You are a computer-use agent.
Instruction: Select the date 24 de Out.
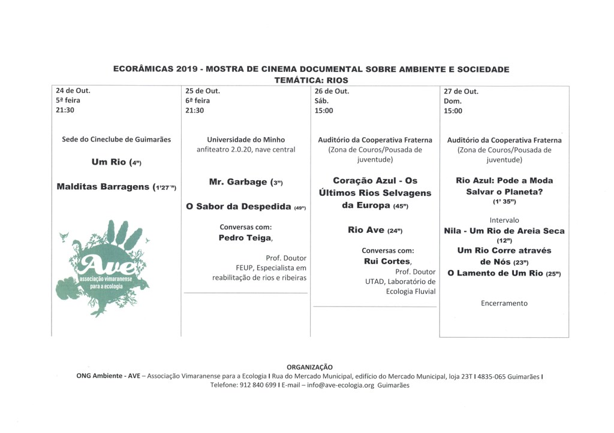click(73, 91)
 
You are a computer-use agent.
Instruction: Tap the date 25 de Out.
click(203, 91)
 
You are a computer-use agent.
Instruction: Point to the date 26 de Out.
click(332, 91)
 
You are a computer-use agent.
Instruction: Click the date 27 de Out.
click(461, 91)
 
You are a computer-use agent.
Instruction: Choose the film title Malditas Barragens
click(103, 186)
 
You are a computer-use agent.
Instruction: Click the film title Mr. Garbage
click(238, 181)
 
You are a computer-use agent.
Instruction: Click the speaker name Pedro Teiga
click(245, 238)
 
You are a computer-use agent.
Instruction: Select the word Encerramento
click(504, 303)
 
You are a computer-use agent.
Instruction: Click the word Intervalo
click(504, 220)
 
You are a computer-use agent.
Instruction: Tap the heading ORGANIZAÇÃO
click(309, 367)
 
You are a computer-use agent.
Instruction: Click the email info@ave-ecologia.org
click(340, 386)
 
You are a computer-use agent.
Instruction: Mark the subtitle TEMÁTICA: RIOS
click(311, 80)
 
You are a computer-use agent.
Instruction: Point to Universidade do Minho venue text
click(246, 140)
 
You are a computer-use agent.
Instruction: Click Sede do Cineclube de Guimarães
click(116, 140)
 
